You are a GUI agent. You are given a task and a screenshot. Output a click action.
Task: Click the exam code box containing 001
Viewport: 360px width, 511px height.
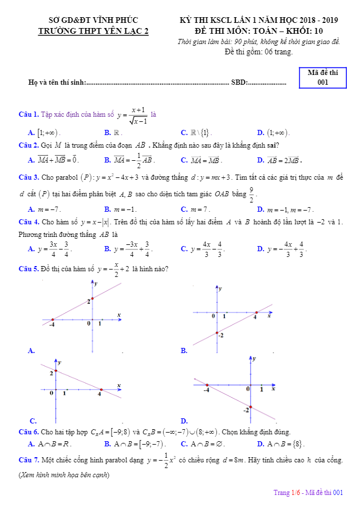click(323, 77)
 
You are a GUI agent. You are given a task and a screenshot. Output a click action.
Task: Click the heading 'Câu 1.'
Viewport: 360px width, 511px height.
click(29, 115)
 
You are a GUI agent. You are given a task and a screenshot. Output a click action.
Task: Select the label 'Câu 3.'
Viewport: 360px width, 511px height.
click(29, 177)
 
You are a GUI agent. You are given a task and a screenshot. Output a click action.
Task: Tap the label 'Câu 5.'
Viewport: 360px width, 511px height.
click(29, 268)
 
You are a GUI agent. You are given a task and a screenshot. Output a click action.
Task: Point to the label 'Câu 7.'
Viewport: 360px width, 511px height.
click(29, 460)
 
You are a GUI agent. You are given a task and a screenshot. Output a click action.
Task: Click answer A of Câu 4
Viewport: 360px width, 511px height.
click(50, 249)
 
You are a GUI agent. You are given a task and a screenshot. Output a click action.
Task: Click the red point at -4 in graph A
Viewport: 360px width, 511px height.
click(52, 319)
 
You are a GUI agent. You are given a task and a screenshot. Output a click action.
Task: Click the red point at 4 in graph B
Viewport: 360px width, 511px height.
click(256, 312)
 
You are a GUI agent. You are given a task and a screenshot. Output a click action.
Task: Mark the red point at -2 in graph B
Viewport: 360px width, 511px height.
click(217, 333)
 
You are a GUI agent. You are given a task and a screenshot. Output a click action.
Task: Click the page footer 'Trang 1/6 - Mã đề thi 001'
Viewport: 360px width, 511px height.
click(308, 492)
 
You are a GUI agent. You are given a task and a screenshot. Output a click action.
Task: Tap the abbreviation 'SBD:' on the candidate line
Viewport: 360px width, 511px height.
click(240, 82)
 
